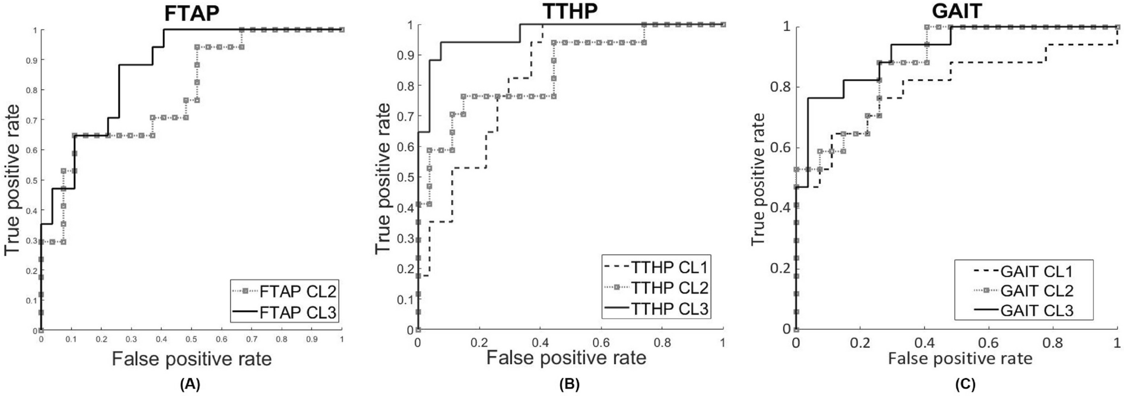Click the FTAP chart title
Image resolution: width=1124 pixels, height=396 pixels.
pos(192,13)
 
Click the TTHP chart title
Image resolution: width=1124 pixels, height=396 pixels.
pos(570,11)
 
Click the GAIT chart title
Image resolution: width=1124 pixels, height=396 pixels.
pos(957,11)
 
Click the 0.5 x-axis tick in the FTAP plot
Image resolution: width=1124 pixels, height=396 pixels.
pos(192,340)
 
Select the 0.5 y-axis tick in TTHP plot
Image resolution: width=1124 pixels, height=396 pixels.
pos(404,177)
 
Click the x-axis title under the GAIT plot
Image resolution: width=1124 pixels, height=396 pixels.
pos(959,358)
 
